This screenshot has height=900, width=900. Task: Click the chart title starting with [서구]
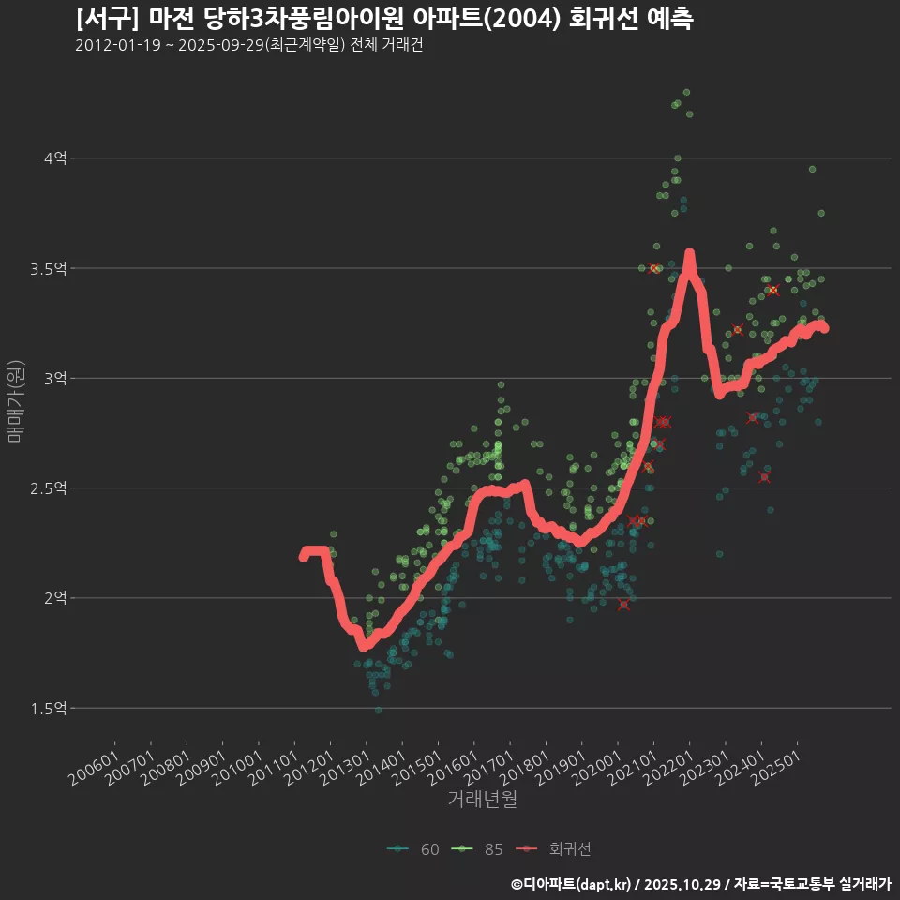pos(384,19)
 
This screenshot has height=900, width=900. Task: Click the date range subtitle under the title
pos(249,46)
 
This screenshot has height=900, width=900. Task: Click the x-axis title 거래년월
pos(482,799)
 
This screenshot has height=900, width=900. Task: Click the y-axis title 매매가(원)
pos(15,400)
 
